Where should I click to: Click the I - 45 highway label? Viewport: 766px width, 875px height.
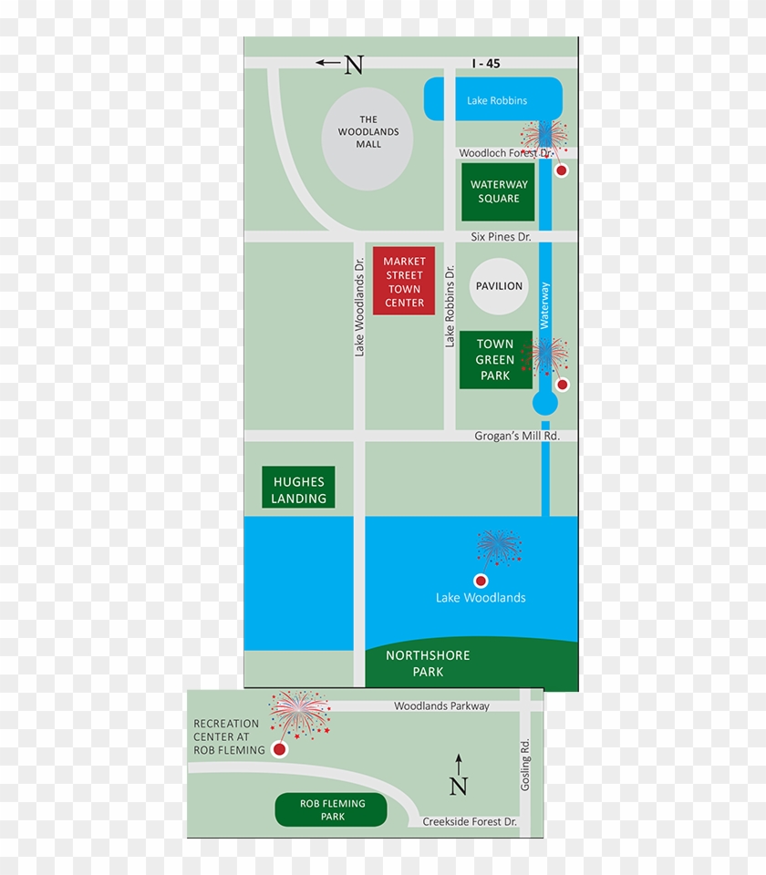tap(486, 64)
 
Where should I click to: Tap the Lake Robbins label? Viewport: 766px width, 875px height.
tap(497, 100)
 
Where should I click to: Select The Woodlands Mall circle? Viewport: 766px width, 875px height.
tap(367, 139)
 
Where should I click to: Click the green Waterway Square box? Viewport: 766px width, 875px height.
tap(499, 191)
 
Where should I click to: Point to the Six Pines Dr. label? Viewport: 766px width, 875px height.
tap(501, 237)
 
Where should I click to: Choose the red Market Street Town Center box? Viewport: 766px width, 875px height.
tap(404, 282)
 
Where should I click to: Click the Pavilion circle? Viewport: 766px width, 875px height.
tap(499, 286)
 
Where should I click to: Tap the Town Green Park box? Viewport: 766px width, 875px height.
tap(495, 359)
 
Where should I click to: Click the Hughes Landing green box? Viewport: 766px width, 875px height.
tap(298, 488)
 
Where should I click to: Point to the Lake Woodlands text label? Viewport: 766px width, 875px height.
tap(481, 598)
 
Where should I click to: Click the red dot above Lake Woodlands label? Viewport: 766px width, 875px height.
tap(481, 581)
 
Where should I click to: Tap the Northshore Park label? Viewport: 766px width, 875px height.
tap(428, 664)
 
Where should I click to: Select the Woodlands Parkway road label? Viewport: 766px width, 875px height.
tap(441, 706)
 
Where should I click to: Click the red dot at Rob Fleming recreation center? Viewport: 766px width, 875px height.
tap(279, 749)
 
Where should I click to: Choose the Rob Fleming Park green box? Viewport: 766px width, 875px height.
tap(332, 809)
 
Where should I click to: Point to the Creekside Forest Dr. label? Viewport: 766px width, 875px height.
tap(470, 822)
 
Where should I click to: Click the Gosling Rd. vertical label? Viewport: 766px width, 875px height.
tap(525, 764)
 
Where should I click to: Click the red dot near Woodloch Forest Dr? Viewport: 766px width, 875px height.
tap(562, 170)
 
